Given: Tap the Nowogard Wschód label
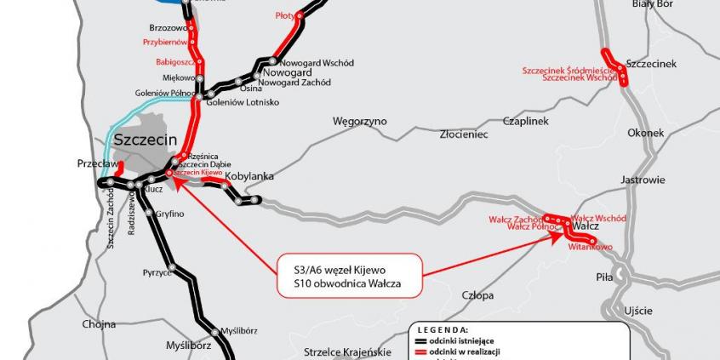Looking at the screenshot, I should tap(317, 63).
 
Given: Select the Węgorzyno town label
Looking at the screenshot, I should tap(359, 122).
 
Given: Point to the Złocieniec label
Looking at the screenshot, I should tap(464, 134).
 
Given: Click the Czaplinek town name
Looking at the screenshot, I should tap(525, 121).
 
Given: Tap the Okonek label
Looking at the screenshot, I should tap(645, 134).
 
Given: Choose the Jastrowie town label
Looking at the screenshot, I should tap(643, 180).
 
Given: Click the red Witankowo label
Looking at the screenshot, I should tap(591, 247).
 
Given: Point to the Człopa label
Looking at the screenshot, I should tap(477, 295).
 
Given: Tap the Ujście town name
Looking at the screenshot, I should tap(638, 311).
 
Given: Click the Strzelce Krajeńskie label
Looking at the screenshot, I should tap(347, 351).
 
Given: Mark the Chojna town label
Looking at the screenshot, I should tap(99, 324).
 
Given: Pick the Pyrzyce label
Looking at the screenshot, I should tap(157, 273).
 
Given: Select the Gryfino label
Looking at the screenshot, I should tap(169, 214).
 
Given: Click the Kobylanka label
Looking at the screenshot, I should tap(249, 176).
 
